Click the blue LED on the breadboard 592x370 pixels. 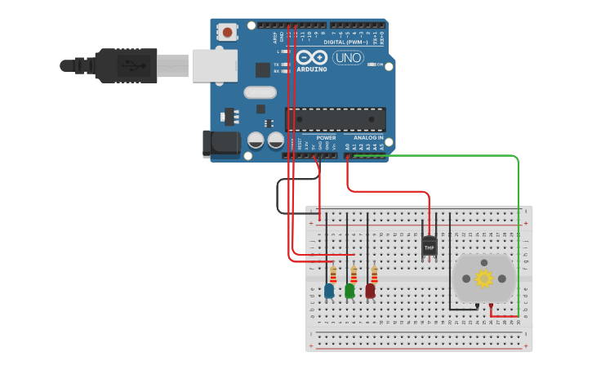point(329,290)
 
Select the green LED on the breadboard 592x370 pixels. point(349,290)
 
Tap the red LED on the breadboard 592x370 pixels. point(370,290)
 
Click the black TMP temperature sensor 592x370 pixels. point(430,246)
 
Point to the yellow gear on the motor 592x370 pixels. point(483,279)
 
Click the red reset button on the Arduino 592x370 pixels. point(226,33)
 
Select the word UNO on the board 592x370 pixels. point(348,57)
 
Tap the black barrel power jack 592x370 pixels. point(220,144)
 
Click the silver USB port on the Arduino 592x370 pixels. point(214,65)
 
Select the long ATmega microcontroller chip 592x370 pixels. point(341,119)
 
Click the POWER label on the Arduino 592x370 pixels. point(326,138)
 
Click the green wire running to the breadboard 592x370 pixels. point(518,212)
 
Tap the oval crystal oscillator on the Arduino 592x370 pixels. point(260,92)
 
